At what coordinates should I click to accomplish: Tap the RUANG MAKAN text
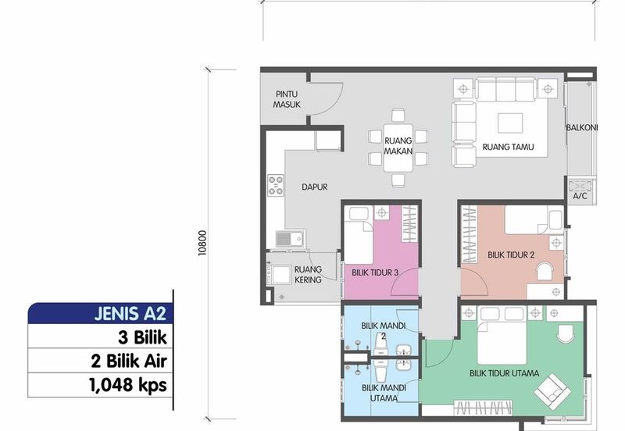point(398,145)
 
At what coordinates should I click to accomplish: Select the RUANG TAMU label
point(509,146)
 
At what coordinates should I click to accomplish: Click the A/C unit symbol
point(580,186)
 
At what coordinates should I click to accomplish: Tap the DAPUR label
point(314,187)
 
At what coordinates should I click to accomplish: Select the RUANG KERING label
point(308,274)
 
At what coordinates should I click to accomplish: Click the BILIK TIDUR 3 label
point(376,272)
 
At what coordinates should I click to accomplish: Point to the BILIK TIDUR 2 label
point(511,255)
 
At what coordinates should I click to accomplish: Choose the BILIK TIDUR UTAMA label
point(505,372)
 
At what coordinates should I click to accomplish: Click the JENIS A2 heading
point(126,315)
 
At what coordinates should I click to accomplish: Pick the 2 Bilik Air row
point(128,362)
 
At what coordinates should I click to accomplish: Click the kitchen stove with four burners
point(276,185)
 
